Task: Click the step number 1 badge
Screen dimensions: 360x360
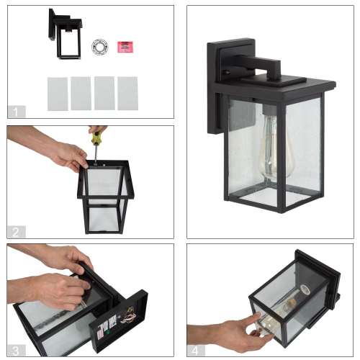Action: (16, 111)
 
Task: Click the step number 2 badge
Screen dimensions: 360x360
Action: (16, 231)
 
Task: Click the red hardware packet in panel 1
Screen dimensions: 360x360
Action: (127, 46)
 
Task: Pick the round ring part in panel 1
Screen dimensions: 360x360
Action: (99, 47)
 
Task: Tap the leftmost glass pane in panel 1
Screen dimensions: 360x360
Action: (58, 93)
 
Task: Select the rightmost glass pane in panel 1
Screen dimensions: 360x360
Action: (128, 93)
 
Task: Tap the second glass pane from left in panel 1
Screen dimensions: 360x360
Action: (81, 93)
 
